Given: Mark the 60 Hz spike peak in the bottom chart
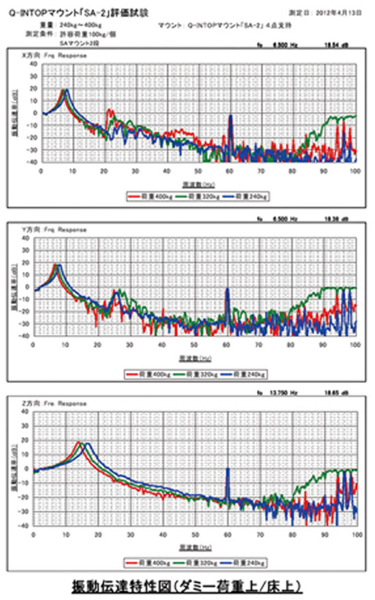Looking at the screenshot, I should [227, 469].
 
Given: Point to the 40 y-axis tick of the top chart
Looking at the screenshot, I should [34, 64].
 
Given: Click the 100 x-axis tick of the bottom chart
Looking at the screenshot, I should [356, 534].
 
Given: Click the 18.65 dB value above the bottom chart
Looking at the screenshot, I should [341, 394].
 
